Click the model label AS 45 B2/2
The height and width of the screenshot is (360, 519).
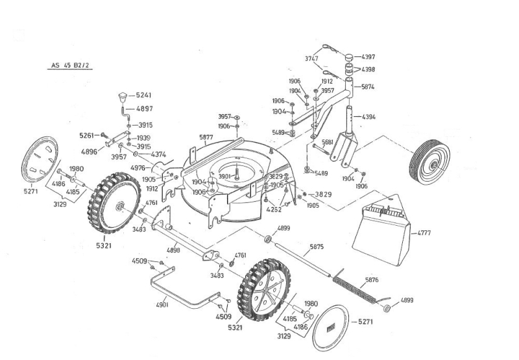(x=71, y=66)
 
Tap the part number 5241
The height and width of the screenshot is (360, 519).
(x=144, y=95)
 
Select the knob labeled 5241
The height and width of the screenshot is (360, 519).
(x=122, y=97)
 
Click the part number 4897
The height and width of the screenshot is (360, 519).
(x=144, y=109)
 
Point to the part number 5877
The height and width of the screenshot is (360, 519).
(x=206, y=138)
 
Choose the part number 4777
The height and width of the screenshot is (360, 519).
(x=424, y=232)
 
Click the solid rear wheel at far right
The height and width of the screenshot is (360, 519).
(x=429, y=162)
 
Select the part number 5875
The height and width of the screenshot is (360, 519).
(x=317, y=247)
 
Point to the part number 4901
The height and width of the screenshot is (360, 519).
(x=162, y=304)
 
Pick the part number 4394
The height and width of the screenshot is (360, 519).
(x=368, y=117)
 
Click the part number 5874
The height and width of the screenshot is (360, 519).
(x=368, y=87)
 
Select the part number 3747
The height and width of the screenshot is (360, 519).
(x=311, y=58)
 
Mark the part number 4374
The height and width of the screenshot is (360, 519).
(x=158, y=154)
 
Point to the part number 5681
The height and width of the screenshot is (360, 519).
(x=328, y=142)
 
